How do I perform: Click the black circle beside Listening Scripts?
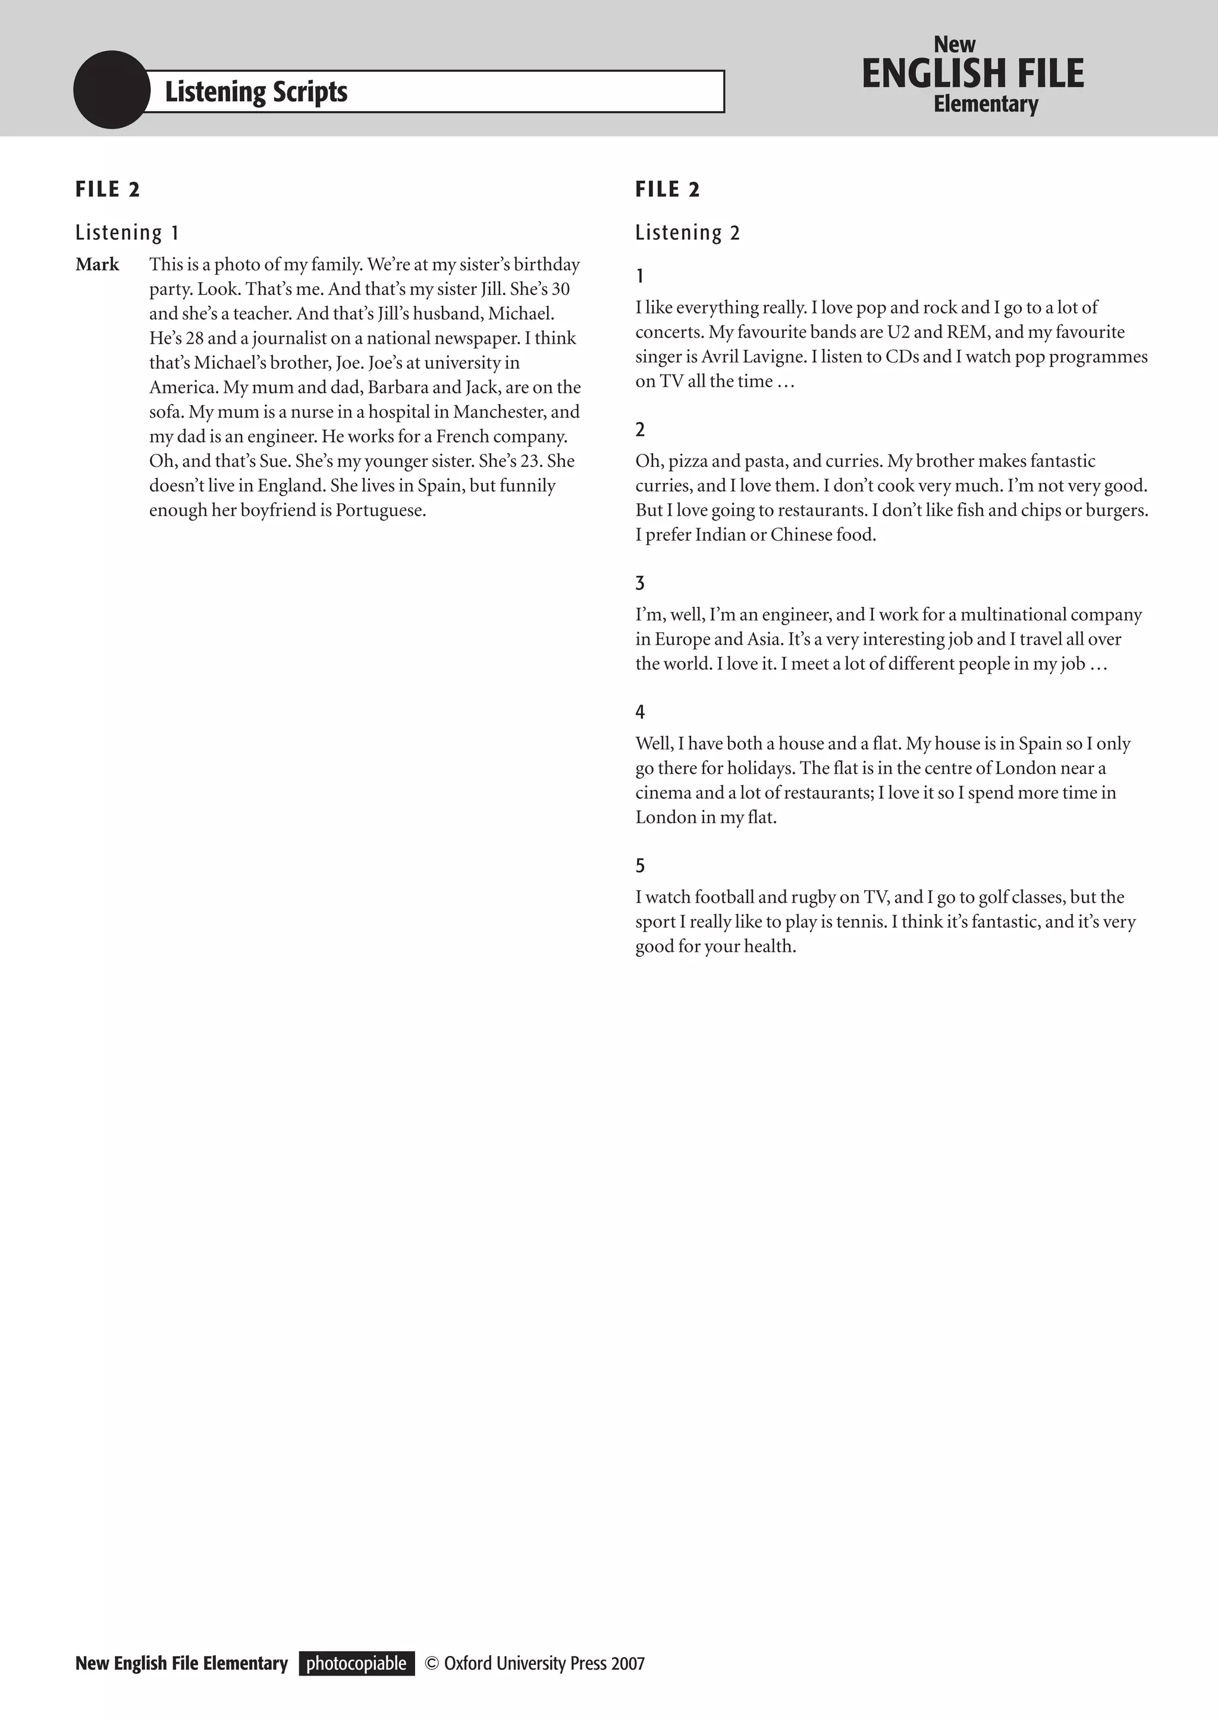pos(112,90)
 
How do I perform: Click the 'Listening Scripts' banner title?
pos(256,92)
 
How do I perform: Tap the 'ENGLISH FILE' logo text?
pos(973,74)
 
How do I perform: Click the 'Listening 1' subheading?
pos(127,233)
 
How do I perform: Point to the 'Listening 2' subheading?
pos(687,233)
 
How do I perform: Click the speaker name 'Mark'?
pos(98,265)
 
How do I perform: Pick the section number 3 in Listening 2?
pos(640,584)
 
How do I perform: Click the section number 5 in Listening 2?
pos(640,866)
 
